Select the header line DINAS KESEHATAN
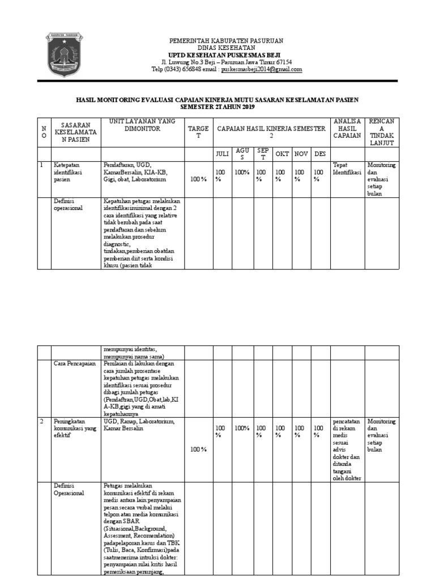pos(227,48)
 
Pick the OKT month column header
pos(282,154)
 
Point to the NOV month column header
pos(301,154)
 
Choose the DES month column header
pos(320,154)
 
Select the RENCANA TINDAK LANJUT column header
pos(381,132)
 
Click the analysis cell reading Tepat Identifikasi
pos(347,168)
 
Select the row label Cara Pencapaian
pos(75,363)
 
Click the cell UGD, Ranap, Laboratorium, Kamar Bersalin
pos(139,426)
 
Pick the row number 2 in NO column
pos(41,422)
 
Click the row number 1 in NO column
pos(41,165)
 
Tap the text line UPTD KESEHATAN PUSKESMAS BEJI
pos(227,55)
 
